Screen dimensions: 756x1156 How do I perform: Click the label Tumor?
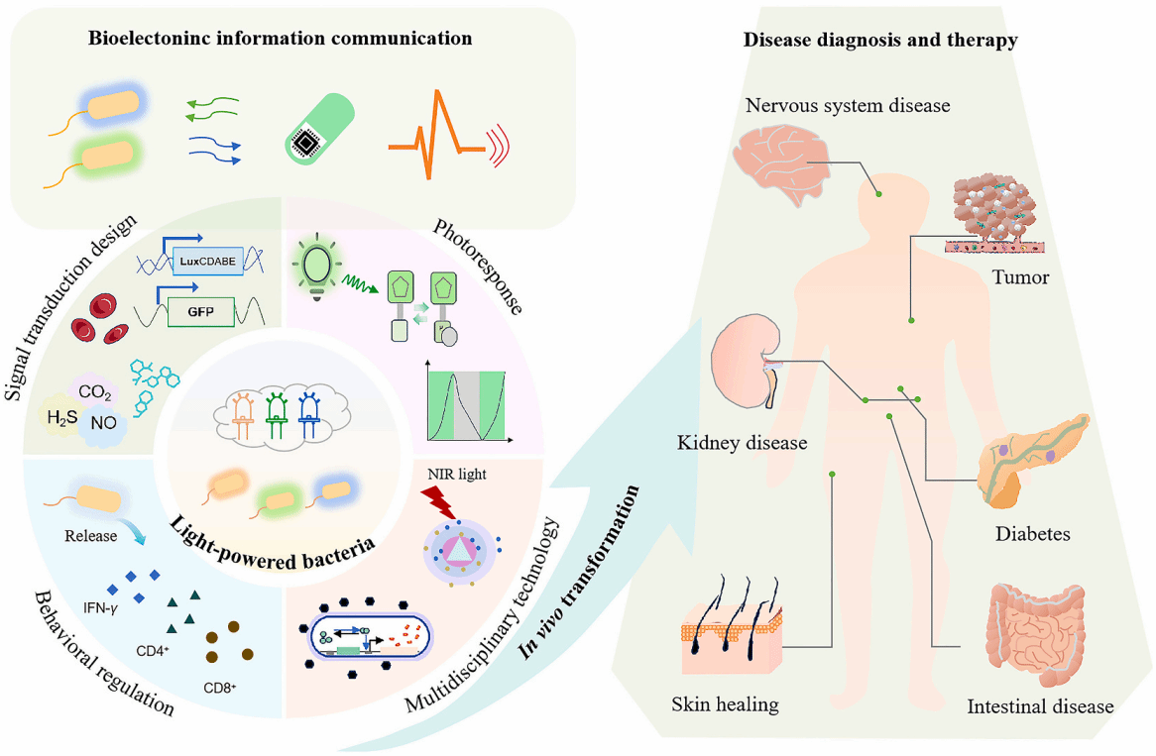tap(1020, 277)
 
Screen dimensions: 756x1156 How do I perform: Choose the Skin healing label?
tap(725, 705)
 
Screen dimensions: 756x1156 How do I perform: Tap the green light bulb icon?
tap(321, 268)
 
